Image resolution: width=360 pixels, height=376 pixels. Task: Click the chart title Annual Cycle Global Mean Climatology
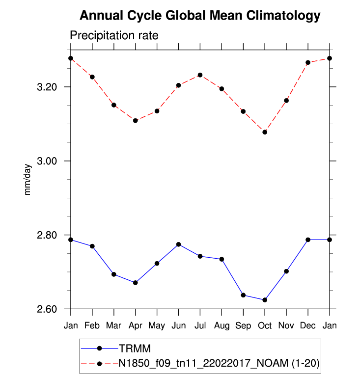click(200, 16)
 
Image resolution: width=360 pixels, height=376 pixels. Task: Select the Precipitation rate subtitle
click(113, 36)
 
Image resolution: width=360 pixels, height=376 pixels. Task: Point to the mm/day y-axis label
click(28, 180)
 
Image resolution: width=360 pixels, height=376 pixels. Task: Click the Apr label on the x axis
click(135, 326)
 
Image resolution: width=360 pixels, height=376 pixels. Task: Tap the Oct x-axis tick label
click(265, 326)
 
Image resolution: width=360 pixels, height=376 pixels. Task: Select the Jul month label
click(200, 326)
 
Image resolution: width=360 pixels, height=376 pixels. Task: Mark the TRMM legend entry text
click(134, 349)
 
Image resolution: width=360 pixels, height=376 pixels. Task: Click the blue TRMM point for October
click(265, 300)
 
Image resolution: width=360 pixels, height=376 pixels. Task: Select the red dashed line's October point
click(265, 132)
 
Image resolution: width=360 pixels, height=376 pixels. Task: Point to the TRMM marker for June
click(178, 244)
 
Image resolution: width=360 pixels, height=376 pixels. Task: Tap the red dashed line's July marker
click(200, 75)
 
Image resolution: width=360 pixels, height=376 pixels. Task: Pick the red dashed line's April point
click(135, 120)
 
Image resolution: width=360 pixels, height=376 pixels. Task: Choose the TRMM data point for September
click(243, 295)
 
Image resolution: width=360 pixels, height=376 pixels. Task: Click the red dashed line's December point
click(308, 63)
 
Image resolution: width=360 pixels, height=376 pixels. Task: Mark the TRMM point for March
click(113, 274)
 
